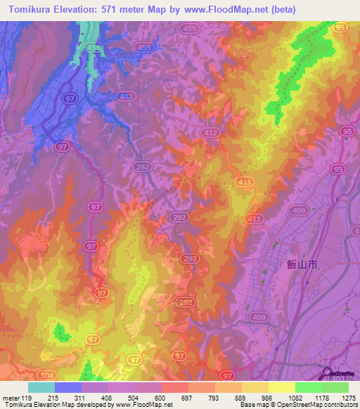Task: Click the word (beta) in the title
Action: coord(280,9)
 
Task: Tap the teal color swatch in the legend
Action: coord(41,387)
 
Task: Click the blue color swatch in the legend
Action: coord(68,387)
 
